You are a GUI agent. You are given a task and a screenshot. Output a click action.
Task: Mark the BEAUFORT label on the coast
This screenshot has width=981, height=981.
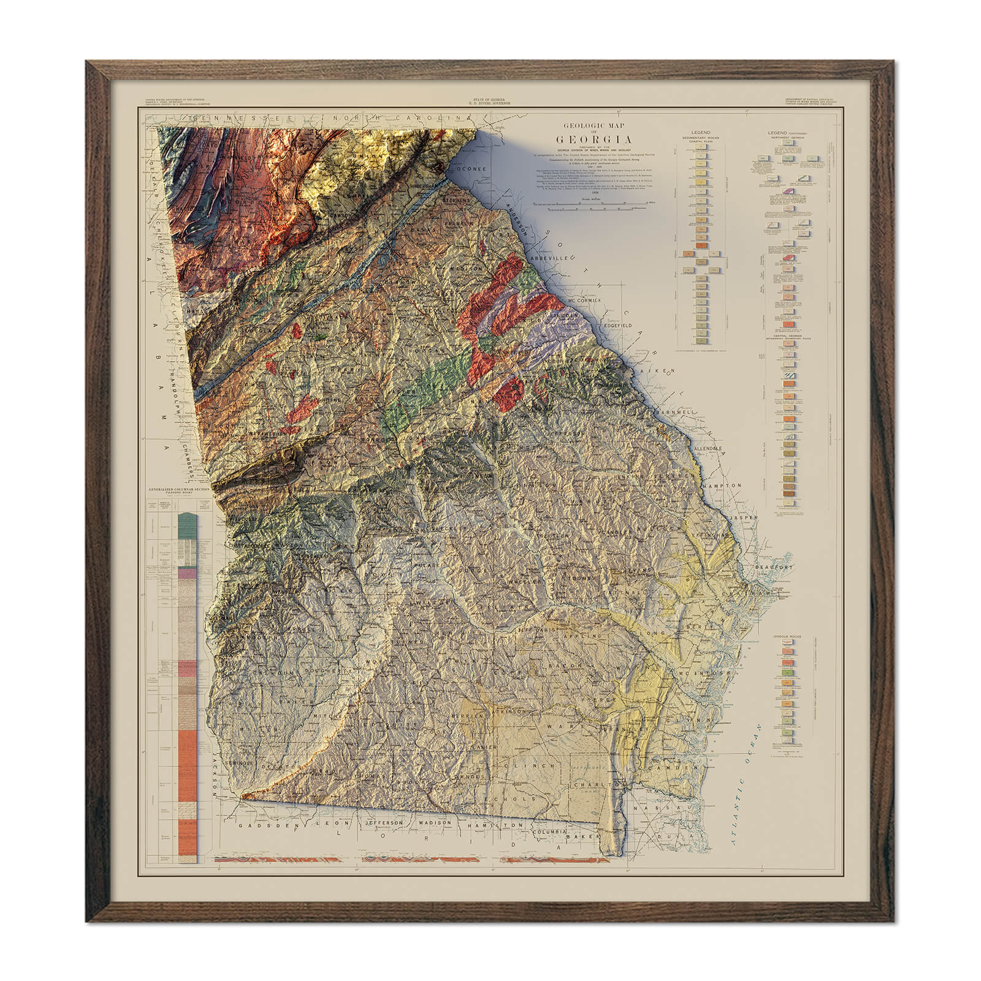click(x=774, y=568)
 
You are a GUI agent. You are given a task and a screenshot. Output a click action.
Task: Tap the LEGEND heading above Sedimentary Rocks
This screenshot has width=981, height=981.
click(x=700, y=132)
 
